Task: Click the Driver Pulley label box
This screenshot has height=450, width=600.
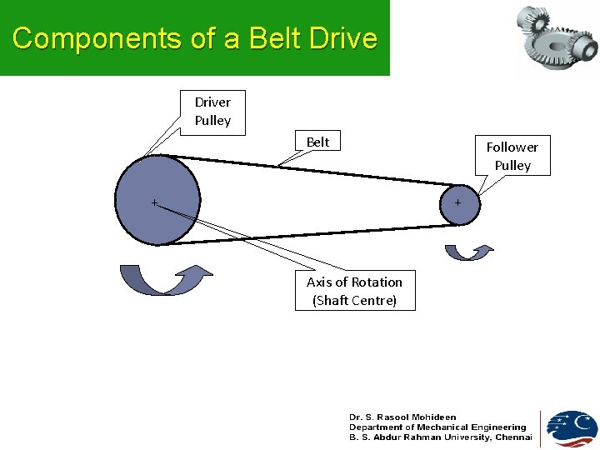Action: (212, 112)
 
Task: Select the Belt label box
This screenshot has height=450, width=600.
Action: (317, 142)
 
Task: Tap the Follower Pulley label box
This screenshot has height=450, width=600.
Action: (512, 156)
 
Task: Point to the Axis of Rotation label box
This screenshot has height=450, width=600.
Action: (354, 290)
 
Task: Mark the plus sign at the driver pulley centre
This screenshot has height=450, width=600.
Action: (154, 202)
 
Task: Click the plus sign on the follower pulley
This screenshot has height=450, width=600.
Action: (457, 202)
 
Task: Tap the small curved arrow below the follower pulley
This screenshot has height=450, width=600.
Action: (468, 252)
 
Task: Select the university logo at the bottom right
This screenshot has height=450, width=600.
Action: (572, 428)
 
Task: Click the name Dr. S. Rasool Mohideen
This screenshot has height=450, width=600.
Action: (402, 417)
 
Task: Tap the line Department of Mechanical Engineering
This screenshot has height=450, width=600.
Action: (437, 427)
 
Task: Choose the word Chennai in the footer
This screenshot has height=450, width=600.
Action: (513, 437)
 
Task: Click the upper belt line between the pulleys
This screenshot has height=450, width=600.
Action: (317, 170)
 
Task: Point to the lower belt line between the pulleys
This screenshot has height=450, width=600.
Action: (317, 233)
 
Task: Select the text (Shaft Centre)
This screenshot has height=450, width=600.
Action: (354, 300)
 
